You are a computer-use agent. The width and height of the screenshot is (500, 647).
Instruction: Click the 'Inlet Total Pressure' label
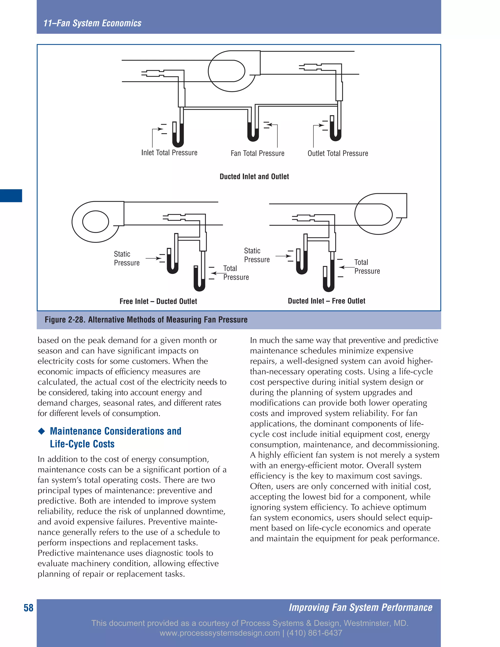169,153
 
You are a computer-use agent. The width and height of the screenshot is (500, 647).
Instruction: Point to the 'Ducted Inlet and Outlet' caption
254,177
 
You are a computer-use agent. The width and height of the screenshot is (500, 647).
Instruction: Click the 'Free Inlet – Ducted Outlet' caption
158,301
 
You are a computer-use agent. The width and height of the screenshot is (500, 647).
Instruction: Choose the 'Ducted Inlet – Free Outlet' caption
326,301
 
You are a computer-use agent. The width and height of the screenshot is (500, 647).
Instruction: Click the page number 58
28,608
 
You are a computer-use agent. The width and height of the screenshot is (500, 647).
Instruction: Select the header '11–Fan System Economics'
93,23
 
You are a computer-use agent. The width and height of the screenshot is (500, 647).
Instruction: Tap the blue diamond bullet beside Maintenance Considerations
42,431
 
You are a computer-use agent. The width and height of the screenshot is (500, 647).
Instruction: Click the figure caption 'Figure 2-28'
146,320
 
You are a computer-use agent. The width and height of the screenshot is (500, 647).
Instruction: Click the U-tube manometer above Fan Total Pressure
253,130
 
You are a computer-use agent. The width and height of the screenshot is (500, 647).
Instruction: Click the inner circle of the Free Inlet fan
96,222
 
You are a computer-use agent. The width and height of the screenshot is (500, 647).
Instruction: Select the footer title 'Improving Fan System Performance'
361,608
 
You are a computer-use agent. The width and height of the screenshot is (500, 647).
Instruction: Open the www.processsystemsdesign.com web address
219,633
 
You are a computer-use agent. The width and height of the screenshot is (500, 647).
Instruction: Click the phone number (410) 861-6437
314,633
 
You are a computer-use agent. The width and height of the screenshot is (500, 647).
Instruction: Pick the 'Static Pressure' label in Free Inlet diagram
126,258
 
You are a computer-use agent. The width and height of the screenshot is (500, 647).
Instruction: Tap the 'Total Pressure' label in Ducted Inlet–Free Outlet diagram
367,267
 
